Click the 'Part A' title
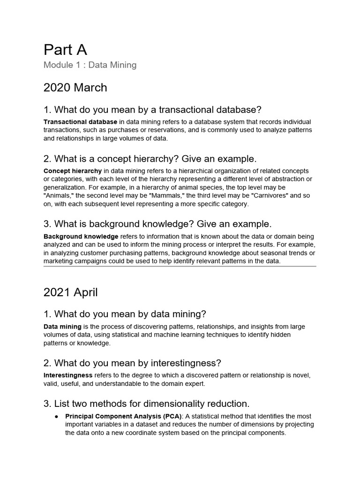tap(65, 50)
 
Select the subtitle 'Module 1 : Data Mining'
tap(90, 65)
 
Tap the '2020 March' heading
tap(75, 88)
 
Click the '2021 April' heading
tap(71, 292)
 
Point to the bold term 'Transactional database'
tap(80, 122)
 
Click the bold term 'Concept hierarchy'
tap(73, 171)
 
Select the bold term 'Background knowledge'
tap(81, 236)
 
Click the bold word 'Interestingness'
tap(68, 375)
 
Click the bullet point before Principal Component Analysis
tap(56, 416)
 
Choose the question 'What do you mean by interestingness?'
tap(132, 363)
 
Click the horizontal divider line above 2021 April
tap(180, 266)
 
